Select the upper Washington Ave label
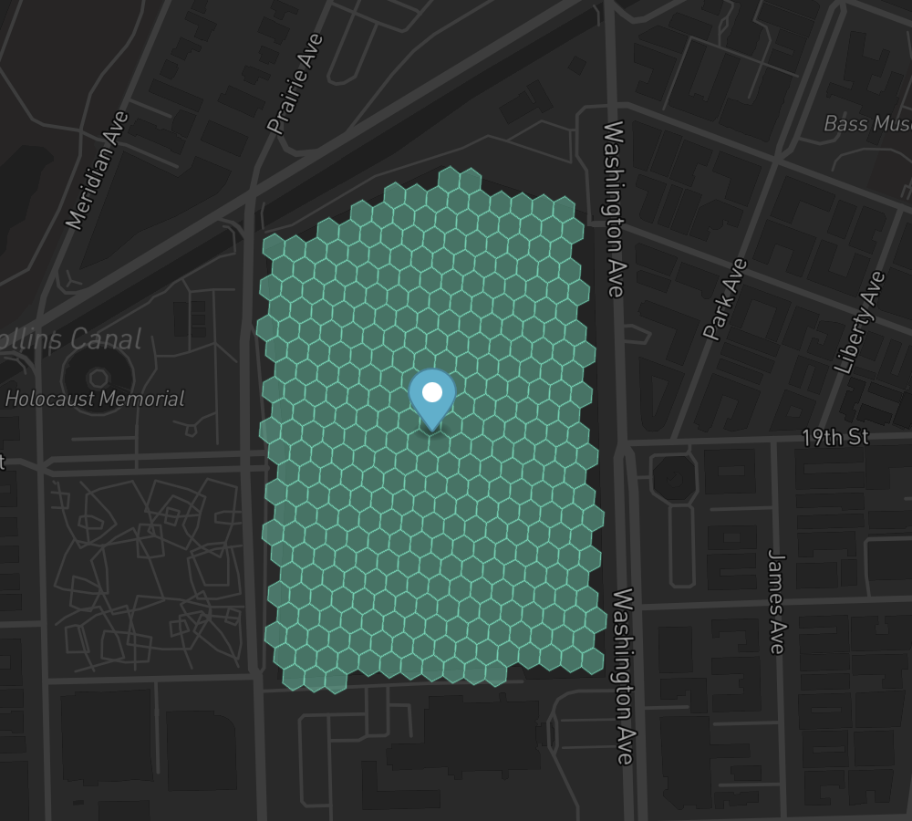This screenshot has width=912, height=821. [x=613, y=209]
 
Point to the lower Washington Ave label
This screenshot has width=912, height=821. [x=623, y=676]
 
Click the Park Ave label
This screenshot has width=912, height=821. [x=725, y=299]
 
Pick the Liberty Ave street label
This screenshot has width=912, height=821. [x=860, y=322]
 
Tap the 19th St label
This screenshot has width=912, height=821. [x=834, y=437]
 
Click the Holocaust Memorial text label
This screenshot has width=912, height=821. [x=95, y=399]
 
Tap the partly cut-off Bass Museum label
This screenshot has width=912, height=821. [x=866, y=123]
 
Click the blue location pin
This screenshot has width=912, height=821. [x=431, y=399]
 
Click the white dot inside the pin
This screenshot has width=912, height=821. [x=432, y=392]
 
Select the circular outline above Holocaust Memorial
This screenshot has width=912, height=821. [x=98, y=376]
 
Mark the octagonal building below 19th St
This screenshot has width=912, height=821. [x=674, y=477]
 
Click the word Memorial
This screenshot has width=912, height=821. [x=143, y=399]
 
